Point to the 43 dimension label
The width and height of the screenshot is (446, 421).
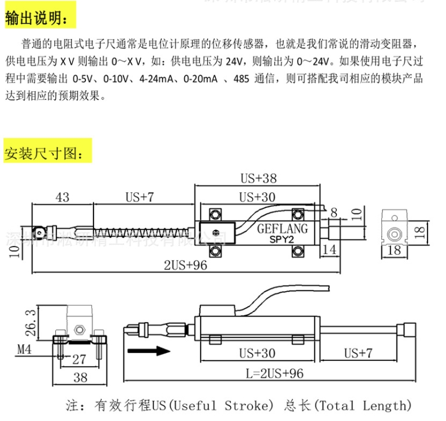tap(62, 198)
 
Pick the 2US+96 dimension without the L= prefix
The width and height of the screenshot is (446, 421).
tap(185, 265)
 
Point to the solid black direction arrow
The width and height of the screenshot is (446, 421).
tap(148, 352)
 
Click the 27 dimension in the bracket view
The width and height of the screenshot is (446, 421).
tap(78, 359)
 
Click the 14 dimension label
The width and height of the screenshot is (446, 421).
tap(329, 249)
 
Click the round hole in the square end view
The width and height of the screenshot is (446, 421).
tap(395, 234)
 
